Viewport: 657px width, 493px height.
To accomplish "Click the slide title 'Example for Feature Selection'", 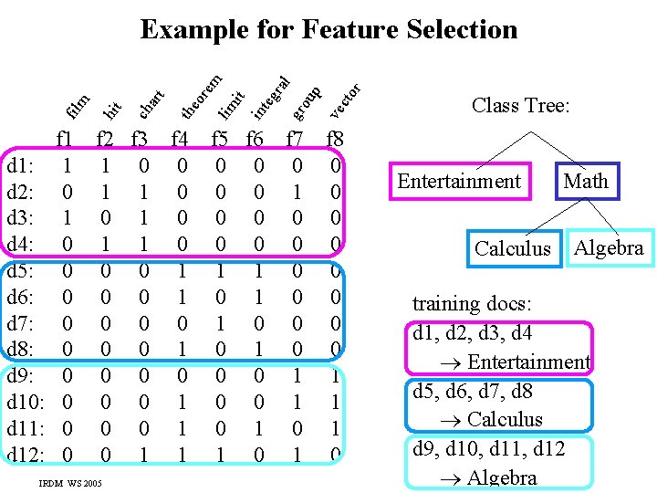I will coord(328,29).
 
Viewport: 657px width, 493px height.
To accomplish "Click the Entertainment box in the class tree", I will coord(458,181).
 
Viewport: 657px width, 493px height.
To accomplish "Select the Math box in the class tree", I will coord(586,181).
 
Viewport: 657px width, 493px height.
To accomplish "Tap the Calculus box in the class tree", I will coord(513,248).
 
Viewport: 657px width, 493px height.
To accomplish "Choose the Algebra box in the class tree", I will coord(609,246).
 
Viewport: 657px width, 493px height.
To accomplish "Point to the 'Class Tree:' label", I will coord(521,106).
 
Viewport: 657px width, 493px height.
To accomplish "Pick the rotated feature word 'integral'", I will coord(272,97).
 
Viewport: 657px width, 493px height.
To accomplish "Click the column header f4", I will coord(180,140).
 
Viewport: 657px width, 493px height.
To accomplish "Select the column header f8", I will coord(335,140).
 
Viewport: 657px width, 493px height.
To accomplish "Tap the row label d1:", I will coord(21,168).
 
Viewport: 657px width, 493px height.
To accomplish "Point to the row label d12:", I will coord(26,454).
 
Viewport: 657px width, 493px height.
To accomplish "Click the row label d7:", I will coord(21,324).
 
